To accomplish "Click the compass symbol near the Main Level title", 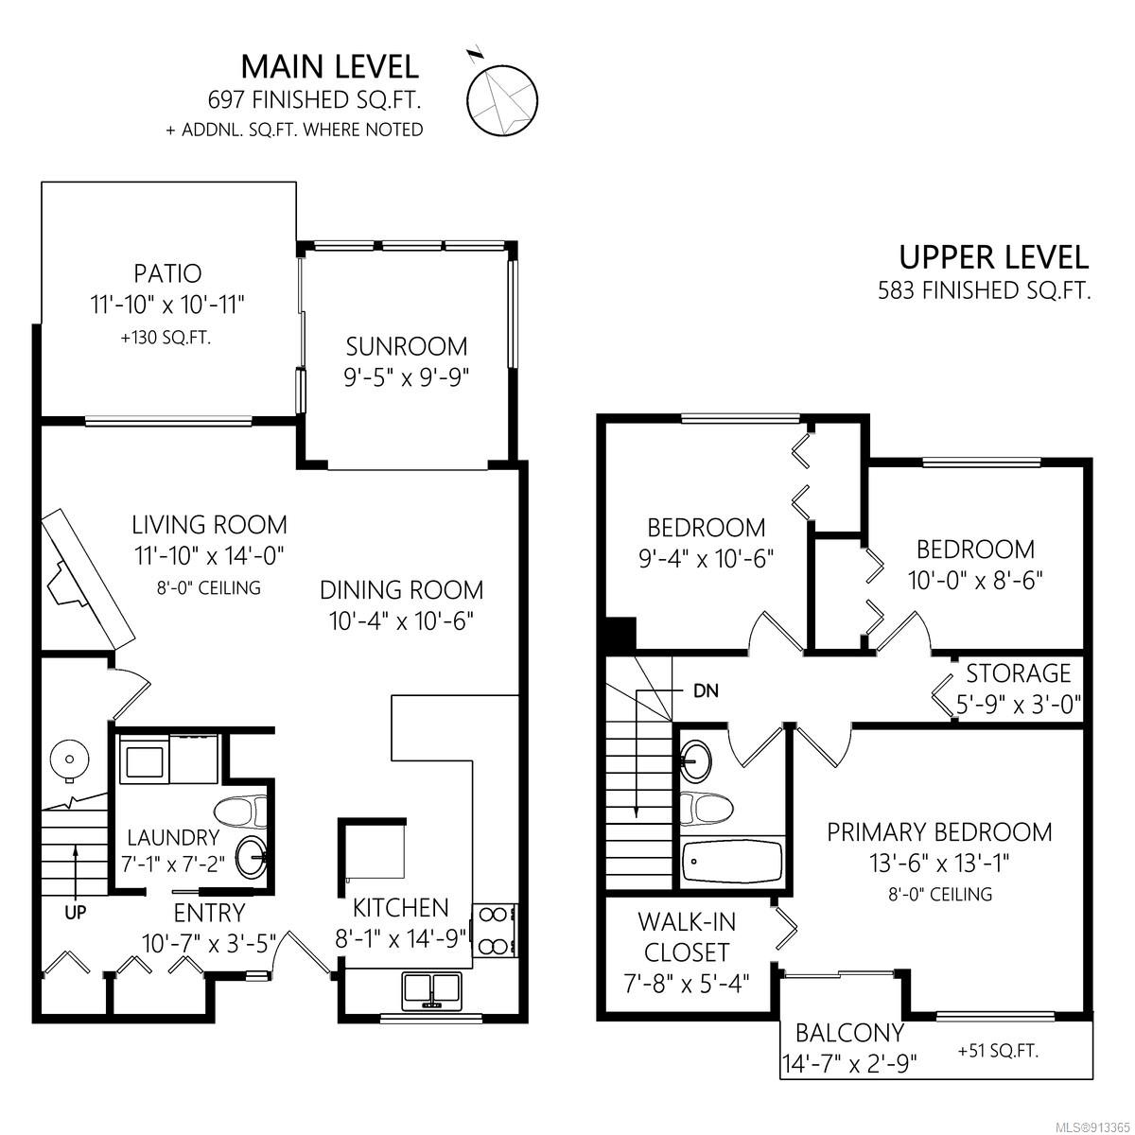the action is [501, 98].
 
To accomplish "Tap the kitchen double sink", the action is [431, 990].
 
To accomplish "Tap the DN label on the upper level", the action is [706, 690].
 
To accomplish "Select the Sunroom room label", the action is [407, 346].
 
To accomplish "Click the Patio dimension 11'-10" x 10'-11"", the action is [167, 306].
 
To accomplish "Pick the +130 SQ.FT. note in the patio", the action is [166, 338].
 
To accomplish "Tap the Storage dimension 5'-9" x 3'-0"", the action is [1019, 705].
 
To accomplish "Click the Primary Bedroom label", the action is [939, 832].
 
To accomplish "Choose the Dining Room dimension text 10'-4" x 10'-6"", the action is [402, 620].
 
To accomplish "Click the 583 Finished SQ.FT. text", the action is [985, 290].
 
